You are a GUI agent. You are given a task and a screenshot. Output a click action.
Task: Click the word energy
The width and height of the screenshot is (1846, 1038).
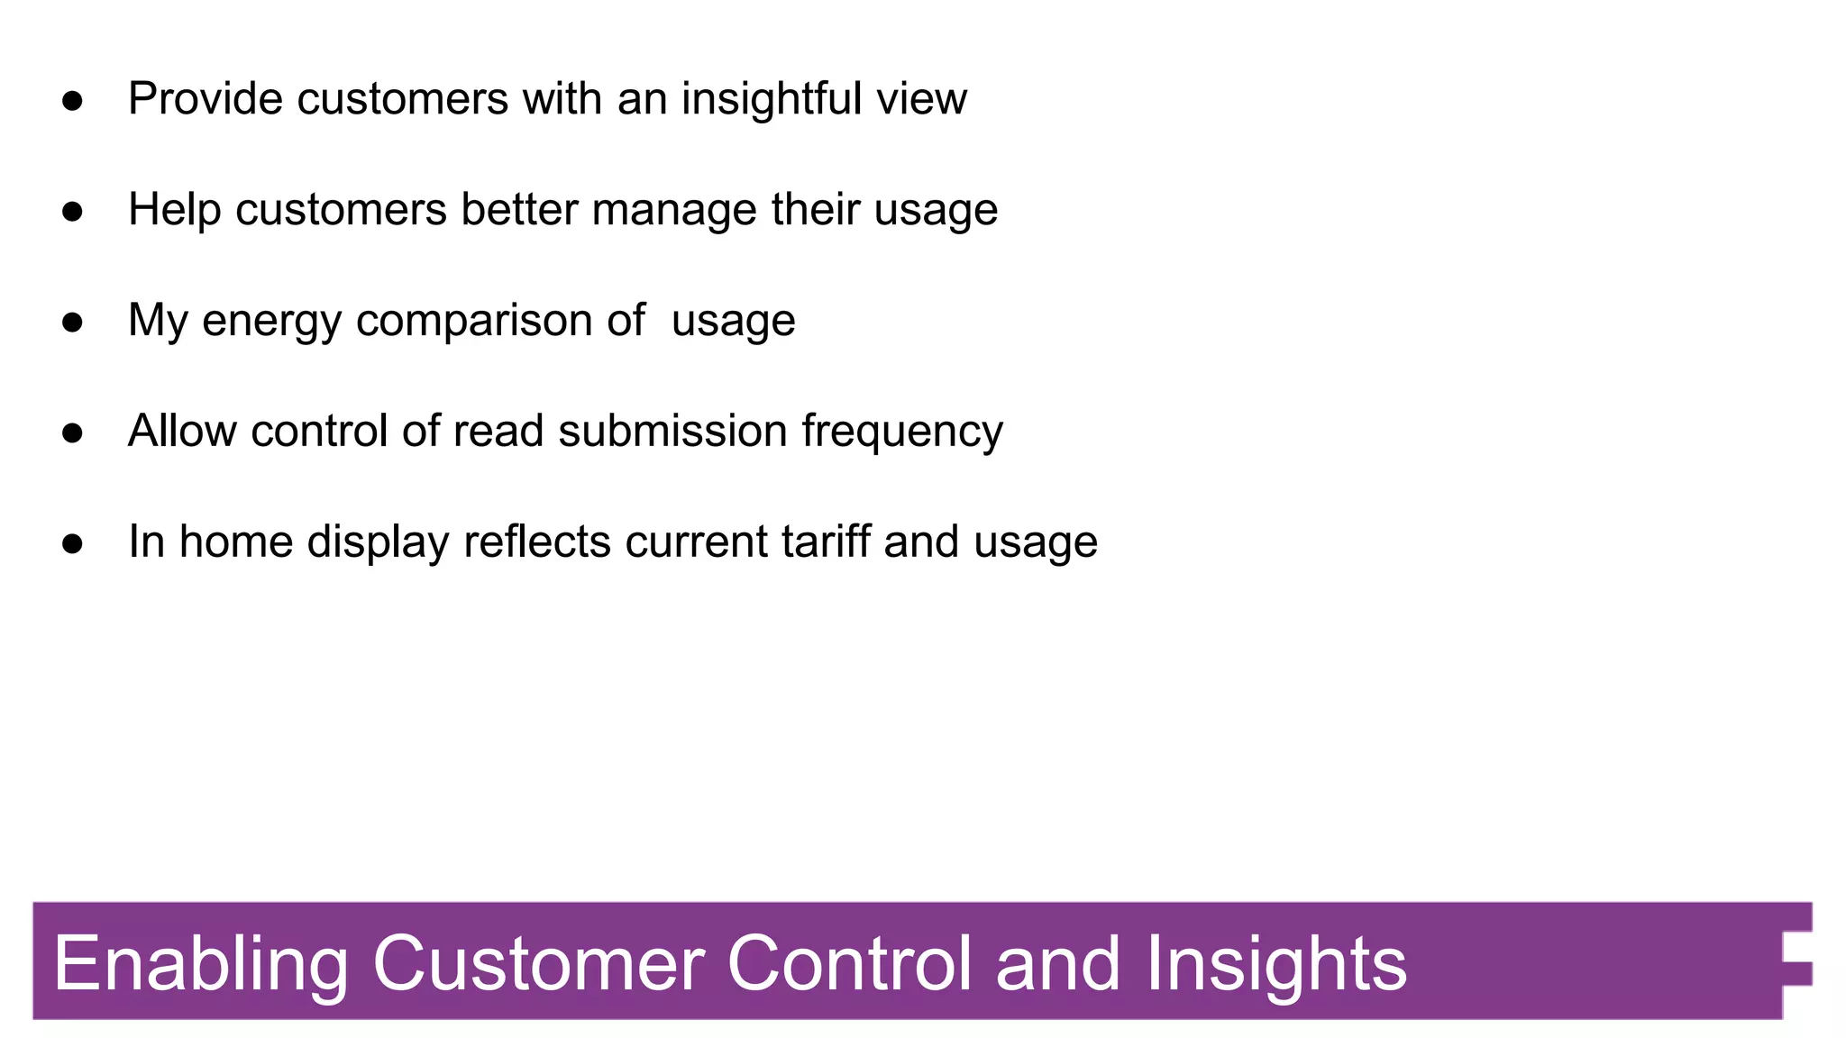(271, 322)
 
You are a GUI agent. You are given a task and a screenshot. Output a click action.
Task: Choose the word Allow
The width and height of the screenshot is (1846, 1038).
(183, 431)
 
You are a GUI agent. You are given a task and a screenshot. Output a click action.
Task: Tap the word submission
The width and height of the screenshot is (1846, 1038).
(672, 431)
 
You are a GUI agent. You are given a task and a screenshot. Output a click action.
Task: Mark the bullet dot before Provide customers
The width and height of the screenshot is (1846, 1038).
(73, 100)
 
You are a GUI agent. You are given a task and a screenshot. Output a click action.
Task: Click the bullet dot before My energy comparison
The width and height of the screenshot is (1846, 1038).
(73, 322)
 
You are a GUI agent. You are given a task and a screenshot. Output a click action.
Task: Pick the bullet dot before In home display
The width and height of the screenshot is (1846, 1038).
(73, 543)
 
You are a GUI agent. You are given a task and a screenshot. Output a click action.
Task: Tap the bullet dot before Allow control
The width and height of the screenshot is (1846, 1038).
(73, 432)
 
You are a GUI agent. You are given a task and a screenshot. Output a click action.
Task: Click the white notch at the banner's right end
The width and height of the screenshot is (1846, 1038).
(1797, 973)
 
